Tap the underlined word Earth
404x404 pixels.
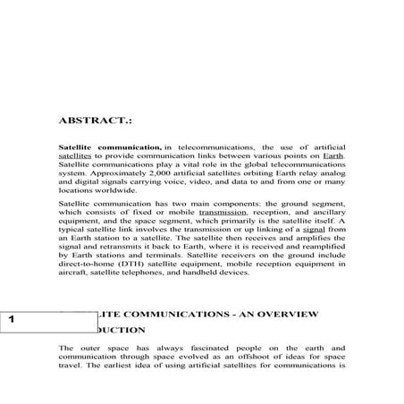(x=333, y=155)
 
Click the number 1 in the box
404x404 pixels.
(x=10, y=319)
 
